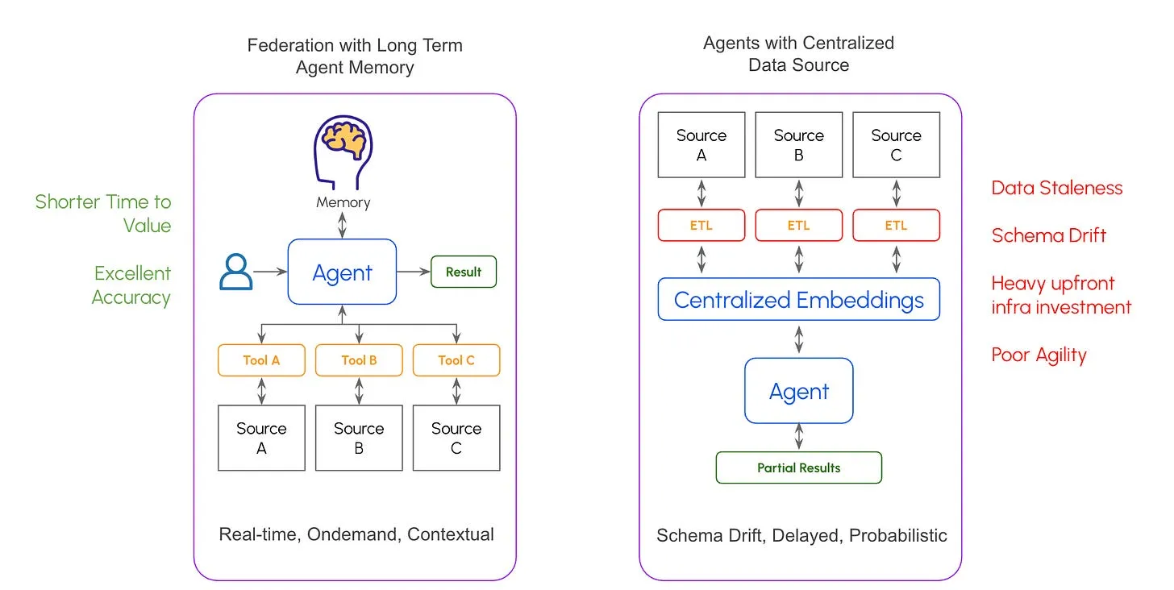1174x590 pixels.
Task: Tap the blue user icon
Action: pyautogui.click(x=235, y=272)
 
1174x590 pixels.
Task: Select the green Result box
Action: pyautogui.click(x=464, y=272)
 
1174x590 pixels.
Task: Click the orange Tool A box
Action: pyautogui.click(x=261, y=360)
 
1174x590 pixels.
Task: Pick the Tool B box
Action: pyautogui.click(x=359, y=360)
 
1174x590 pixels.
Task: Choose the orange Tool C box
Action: pyautogui.click(x=456, y=360)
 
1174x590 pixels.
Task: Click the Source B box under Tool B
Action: pyautogui.click(x=359, y=438)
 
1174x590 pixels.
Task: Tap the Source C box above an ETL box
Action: pyautogui.click(x=896, y=145)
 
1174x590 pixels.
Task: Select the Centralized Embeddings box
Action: pyautogui.click(x=799, y=300)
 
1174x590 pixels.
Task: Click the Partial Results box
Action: pyautogui.click(x=799, y=467)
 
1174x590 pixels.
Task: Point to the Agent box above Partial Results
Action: pyautogui.click(x=799, y=391)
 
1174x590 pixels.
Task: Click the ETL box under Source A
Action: pyautogui.click(x=701, y=226)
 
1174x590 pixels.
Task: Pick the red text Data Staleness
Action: pyautogui.click(x=1057, y=188)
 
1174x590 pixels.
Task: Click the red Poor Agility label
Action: pyautogui.click(x=1039, y=355)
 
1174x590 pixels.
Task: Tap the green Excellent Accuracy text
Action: pyautogui.click(x=131, y=285)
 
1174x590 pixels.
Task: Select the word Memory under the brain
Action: pyautogui.click(x=343, y=202)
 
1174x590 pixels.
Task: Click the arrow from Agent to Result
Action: pyautogui.click(x=414, y=272)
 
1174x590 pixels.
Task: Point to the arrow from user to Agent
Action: pyautogui.click(x=270, y=272)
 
